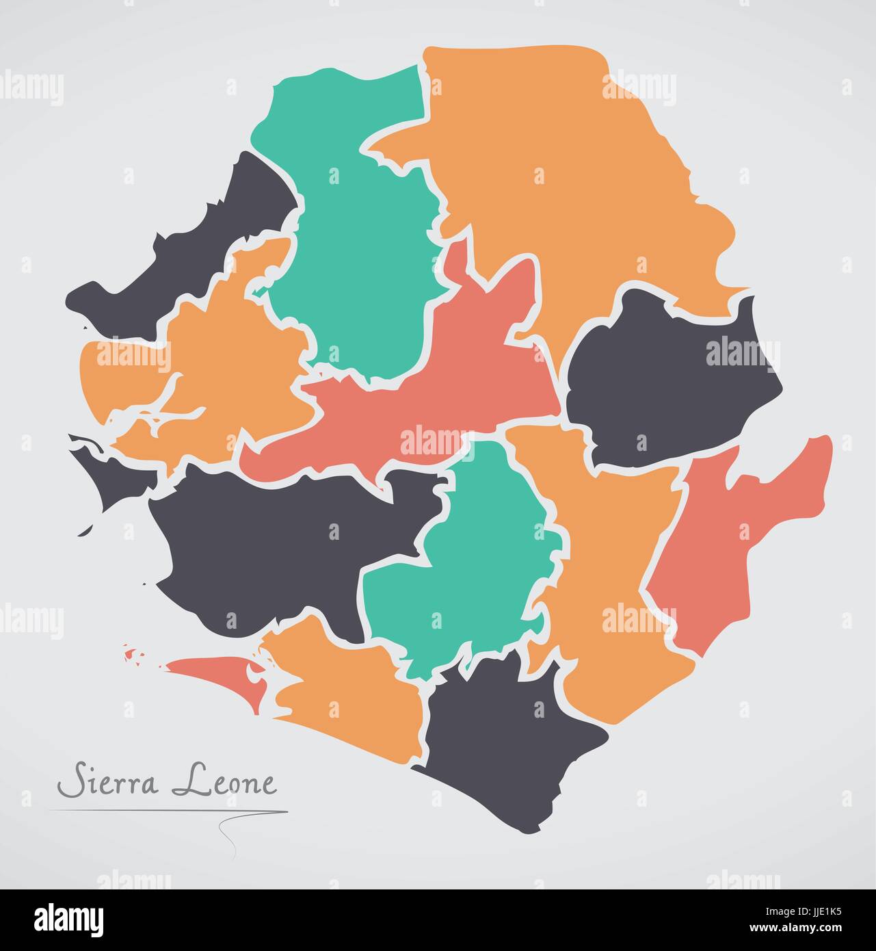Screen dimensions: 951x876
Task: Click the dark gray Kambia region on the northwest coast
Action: pos(205,233)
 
